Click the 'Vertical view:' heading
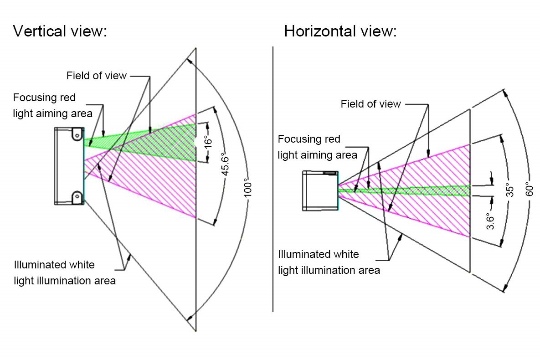coord(60,31)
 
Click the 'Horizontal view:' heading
coord(340,31)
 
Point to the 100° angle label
coord(247,189)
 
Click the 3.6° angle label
coord(491,221)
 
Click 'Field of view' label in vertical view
coord(96,76)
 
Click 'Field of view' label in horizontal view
coord(370,104)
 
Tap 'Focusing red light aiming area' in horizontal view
coord(317,147)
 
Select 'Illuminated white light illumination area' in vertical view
coord(65,273)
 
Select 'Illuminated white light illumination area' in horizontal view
coord(329,262)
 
